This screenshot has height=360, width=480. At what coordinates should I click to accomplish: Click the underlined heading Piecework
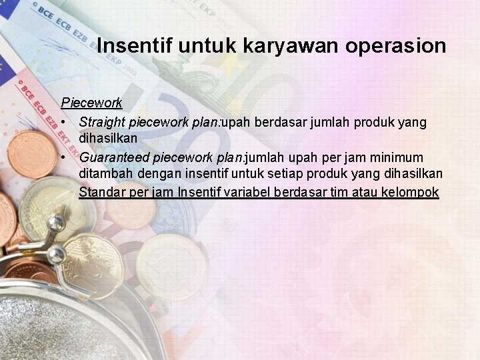tap(91, 103)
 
